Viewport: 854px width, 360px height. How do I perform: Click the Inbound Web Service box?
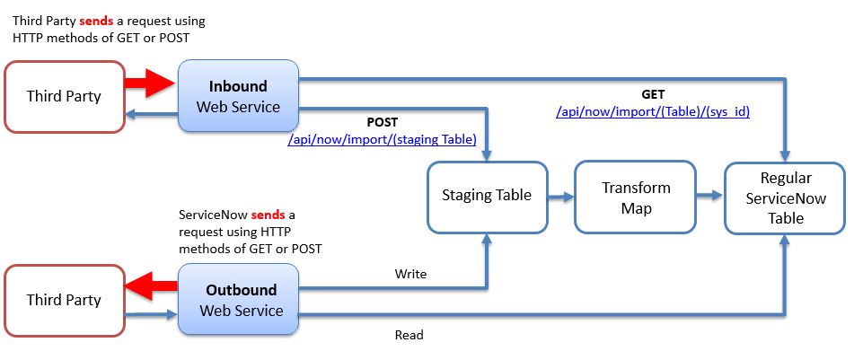tap(238, 97)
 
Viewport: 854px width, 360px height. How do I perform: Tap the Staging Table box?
tap(486, 195)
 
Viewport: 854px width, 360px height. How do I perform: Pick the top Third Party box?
tap(63, 96)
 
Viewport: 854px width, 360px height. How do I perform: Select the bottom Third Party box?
tap(63, 300)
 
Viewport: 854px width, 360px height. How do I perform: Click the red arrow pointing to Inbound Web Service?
tap(150, 85)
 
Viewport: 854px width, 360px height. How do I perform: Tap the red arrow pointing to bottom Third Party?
tap(150, 289)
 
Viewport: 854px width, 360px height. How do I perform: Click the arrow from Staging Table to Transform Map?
tap(559, 195)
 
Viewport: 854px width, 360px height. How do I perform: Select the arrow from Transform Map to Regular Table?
tap(709, 195)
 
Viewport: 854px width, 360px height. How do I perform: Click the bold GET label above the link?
tap(652, 93)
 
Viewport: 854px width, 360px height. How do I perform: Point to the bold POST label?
tap(383, 122)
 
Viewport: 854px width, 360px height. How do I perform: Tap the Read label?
tap(409, 335)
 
